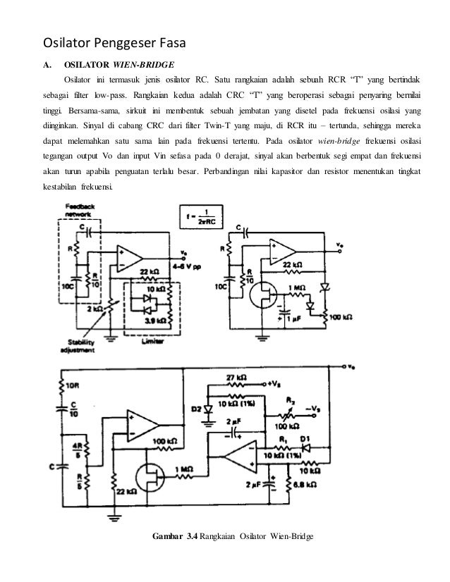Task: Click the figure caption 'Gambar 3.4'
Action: click(x=176, y=539)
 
